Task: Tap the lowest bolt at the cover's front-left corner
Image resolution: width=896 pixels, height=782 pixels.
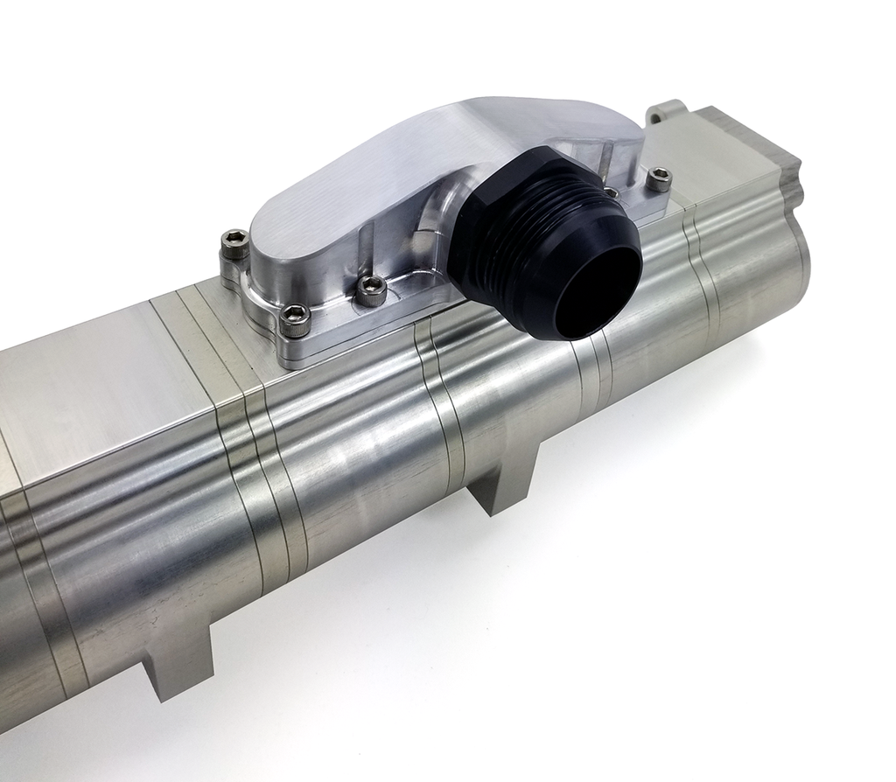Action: click(x=295, y=319)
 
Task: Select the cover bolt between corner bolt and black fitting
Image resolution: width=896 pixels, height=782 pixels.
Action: click(x=372, y=289)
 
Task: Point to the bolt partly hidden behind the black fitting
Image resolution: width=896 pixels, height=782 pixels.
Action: click(x=612, y=192)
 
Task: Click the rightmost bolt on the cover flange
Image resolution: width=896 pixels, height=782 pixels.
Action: click(x=659, y=178)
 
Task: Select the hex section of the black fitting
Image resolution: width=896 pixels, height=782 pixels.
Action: click(x=490, y=227)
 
